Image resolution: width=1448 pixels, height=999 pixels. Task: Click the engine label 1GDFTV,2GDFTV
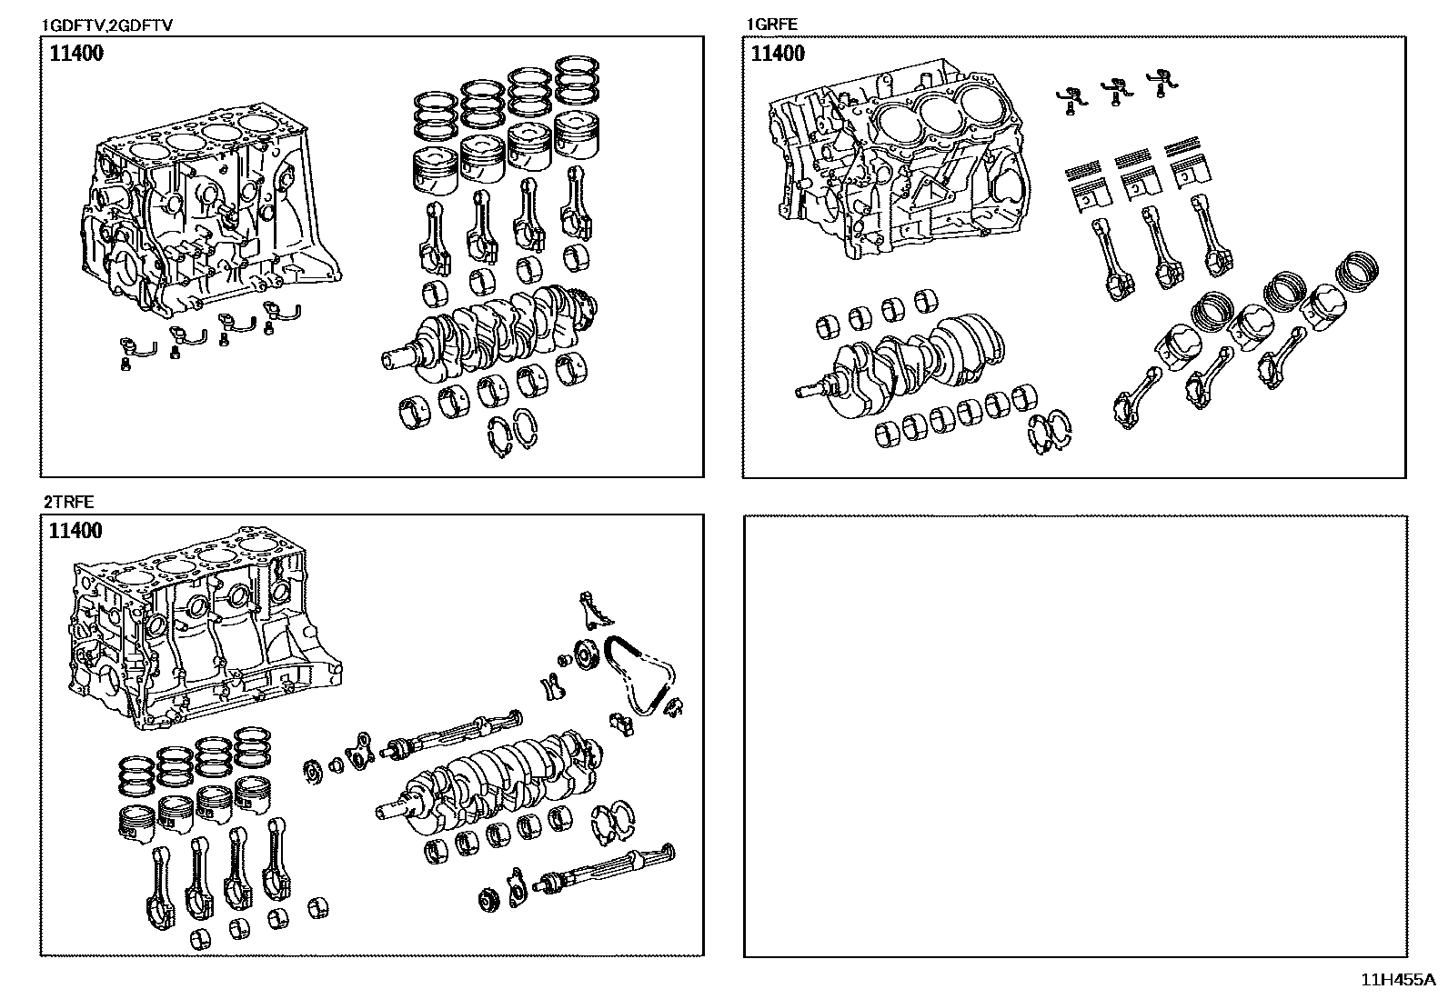tap(107, 25)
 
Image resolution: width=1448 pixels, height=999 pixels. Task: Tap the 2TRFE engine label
tap(67, 502)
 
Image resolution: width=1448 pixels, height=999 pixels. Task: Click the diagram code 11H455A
tap(1397, 980)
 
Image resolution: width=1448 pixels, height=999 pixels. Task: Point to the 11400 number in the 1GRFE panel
tap(778, 54)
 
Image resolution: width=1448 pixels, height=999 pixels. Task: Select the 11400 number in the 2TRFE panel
tap(75, 531)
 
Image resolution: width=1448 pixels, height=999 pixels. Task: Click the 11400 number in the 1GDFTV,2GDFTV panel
tap(75, 53)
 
